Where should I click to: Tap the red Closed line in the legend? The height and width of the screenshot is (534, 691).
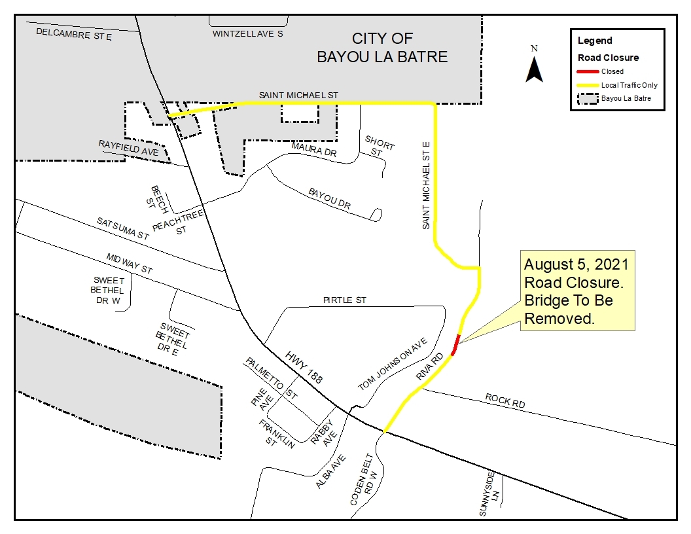pos(588,71)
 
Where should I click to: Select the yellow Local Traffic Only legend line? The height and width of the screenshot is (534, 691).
pos(588,85)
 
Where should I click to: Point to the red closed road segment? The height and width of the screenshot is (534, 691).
pos(455,344)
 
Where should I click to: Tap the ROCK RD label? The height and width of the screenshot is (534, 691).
pos(505,400)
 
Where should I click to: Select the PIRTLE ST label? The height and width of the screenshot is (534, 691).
pos(345,300)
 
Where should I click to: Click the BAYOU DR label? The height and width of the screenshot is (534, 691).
pos(329,199)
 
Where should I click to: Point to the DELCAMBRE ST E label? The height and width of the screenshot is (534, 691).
pos(74,34)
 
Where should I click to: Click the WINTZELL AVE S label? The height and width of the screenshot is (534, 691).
pos(247,33)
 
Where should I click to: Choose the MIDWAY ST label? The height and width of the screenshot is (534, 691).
pos(129,264)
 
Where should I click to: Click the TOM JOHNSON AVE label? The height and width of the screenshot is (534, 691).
pos(392,365)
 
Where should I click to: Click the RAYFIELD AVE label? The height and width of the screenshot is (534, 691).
pos(128,148)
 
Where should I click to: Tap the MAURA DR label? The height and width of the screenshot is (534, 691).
pos(313,150)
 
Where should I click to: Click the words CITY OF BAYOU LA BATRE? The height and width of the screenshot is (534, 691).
pos(382,48)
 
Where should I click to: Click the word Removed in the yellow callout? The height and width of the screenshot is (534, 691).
pos(558,319)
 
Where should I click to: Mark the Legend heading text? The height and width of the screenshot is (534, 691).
pos(595,41)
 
